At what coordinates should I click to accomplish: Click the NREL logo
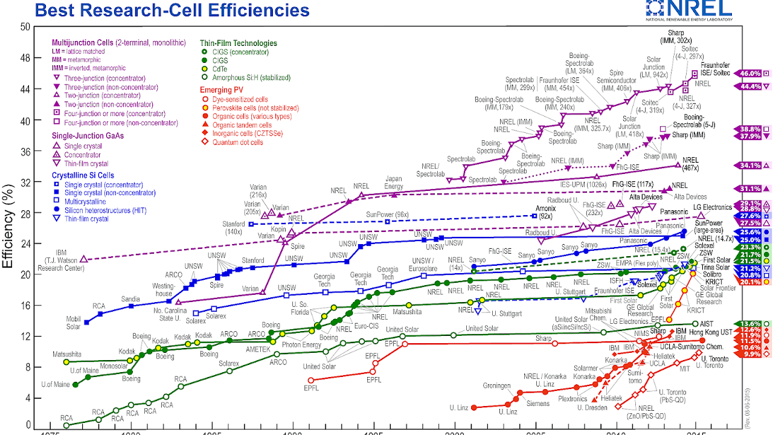(x=689, y=8)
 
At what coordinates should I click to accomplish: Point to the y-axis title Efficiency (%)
(x=8, y=227)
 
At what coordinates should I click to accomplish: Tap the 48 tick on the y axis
(x=25, y=57)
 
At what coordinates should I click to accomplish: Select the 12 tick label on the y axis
(x=25, y=336)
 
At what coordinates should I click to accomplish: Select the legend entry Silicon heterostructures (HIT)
(x=107, y=210)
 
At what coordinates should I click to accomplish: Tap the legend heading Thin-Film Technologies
(x=238, y=43)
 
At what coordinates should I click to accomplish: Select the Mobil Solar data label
(x=73, y=323)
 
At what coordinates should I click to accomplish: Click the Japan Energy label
(x=394, y=182)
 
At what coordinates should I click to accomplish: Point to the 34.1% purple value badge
(x=749, y=166)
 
